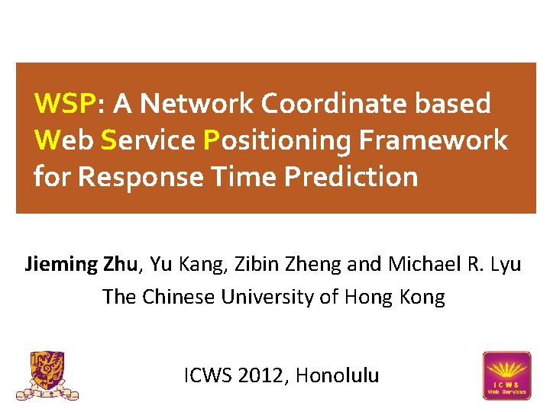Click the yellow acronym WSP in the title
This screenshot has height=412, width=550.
64,103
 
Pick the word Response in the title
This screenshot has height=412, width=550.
141,177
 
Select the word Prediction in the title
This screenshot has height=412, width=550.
351,177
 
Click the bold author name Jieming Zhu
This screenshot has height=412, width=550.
82,266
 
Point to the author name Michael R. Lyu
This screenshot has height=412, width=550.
455,266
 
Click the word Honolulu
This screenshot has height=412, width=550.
337,375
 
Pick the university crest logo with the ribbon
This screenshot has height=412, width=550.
47,375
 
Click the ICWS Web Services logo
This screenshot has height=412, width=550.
506,375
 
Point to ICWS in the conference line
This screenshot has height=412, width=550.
209,375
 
